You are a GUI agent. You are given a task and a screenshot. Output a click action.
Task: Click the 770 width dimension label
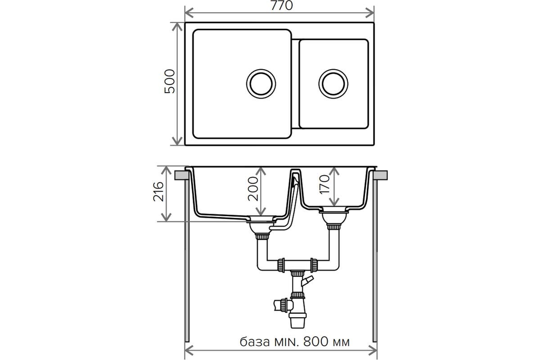point(281,5)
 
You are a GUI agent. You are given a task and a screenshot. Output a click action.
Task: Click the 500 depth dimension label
point(170,81)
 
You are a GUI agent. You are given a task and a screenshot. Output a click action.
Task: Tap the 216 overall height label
point(158,192)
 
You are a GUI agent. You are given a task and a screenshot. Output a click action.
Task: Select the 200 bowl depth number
point(253,189)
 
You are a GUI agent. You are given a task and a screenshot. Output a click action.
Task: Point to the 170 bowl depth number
point(324,184)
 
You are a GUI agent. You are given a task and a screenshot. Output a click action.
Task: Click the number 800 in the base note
point(316,342)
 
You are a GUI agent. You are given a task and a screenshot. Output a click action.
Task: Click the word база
point(255,342)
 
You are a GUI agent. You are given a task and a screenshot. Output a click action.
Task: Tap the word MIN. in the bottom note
point(287,342)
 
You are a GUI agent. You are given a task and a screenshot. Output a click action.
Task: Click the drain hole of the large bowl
point(261,84)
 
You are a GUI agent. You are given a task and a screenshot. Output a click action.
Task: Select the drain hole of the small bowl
point(333,84)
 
